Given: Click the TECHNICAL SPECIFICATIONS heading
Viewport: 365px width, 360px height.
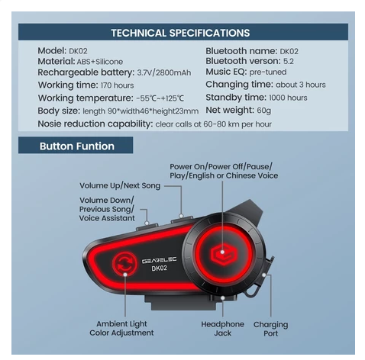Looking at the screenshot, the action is [180, 33].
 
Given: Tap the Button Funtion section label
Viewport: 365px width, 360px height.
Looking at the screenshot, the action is [77, 146].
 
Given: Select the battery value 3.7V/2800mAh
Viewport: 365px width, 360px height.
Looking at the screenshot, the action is [164, 72].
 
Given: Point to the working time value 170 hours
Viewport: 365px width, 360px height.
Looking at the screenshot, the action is [117, 85].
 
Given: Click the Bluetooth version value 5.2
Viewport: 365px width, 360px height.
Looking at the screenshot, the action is [289, 61].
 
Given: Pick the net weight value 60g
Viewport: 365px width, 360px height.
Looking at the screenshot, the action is [263, 111].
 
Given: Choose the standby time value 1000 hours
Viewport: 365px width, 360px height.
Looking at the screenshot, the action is [288, 98].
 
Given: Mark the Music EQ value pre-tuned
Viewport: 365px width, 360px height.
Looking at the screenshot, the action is [268, 72].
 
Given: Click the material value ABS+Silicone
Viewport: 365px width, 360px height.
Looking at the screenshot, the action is [100, 62].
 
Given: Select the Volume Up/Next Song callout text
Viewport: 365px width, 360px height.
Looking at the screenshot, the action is [120, 186].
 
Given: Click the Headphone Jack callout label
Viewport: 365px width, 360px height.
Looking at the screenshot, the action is [222, 329].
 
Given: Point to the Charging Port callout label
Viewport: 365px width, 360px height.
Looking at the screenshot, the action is [270, 329].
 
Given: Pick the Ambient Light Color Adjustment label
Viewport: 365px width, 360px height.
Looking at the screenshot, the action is [121, 328].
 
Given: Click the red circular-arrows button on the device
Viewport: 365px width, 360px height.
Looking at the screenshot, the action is [124, 264].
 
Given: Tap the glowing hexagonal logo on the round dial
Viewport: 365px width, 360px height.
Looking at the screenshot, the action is [223, 253].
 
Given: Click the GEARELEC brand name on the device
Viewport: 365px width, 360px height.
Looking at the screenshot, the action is [159, 260].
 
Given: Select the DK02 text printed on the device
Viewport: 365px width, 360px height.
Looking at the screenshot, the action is [160, 268].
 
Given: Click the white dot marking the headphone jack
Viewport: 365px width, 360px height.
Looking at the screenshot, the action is [223, 297].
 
